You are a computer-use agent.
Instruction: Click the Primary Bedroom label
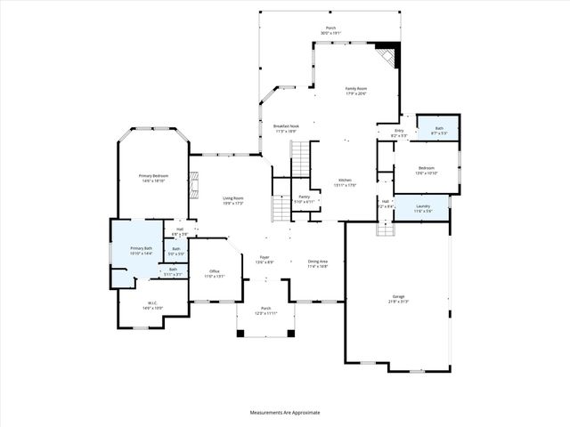pos(153,176)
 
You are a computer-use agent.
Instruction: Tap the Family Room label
pos(356,88)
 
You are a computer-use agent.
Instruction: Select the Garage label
pos(398,296)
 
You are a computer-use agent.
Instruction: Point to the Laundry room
pos(423,208)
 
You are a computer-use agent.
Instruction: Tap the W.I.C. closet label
pos(151,303)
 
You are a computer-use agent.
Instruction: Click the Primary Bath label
pos(142,248)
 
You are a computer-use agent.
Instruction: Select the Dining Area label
pos(317,261)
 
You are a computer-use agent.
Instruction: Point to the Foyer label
pos(265,257)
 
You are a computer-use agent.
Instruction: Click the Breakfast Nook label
pos(286,126)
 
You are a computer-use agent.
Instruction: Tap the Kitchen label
pos(345,180)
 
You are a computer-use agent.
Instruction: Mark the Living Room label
pos(233,197)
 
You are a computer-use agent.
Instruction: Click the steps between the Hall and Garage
pos(385,229)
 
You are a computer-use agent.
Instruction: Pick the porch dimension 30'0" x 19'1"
pos(331,33)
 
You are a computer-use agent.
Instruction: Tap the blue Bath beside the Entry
pos(439,130)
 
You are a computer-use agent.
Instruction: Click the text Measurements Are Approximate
pos(285,412)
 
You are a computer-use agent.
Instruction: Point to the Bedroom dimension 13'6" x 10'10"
pos(427,173)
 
